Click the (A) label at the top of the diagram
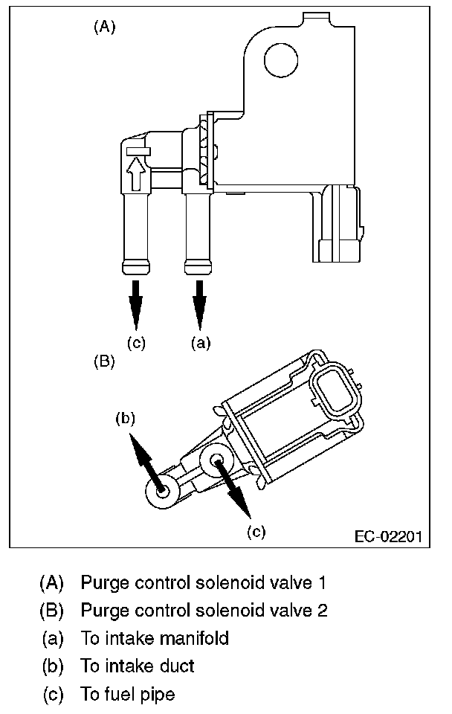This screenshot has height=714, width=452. coord(105,28)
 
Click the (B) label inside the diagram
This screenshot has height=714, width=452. coord(104,362)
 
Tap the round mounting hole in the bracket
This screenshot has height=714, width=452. coord(281,60)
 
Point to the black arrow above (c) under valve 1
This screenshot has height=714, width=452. coord(135,304)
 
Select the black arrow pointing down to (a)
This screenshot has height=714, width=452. coord(199,304)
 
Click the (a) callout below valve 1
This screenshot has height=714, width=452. coord(201,343)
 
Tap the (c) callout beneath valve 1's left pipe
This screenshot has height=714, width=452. coord(136,343)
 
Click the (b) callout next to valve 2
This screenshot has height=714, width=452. coord(125,418)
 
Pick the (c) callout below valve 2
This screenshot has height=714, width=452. coord(256,531)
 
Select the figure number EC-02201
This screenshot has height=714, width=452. coord(388,536)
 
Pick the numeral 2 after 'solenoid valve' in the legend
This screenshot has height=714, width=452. coord(322,610)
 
